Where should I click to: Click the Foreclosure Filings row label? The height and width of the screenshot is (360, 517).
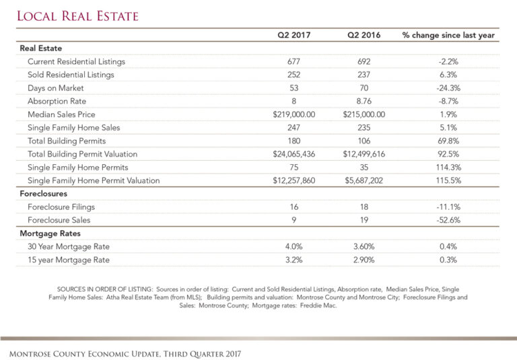61,207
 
